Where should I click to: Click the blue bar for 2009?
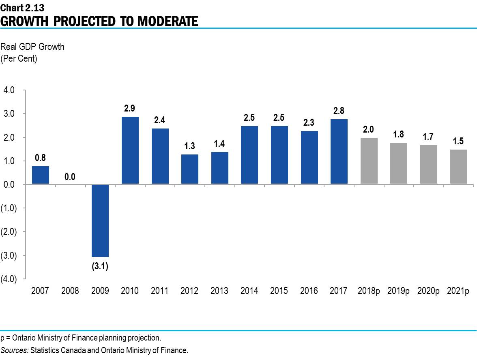(100, 221)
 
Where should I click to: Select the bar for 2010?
(130, 150)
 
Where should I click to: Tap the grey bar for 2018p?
(369, 161)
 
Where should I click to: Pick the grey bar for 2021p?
(458, 167)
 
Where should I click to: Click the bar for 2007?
(41, 175)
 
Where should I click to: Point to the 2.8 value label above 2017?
(339, 111)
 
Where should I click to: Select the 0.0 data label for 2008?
(70, 177)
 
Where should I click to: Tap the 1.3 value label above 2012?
(189, 146)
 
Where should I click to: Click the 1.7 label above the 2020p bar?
(428, 137)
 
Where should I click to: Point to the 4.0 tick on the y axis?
(9, 90)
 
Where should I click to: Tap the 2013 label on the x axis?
(219, 291)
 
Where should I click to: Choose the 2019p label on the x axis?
(398, 291)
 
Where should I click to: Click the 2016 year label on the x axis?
(309, 291)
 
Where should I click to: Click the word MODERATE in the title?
(168, 21)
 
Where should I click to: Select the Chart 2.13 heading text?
(19, 7)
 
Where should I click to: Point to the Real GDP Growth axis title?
(32, 47)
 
